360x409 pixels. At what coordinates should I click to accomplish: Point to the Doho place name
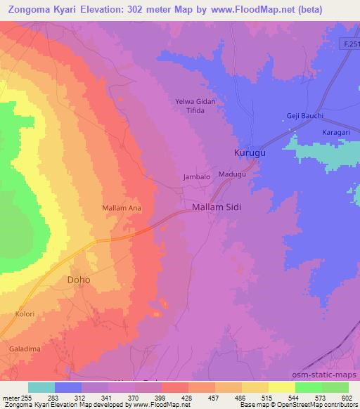[x=78, y=279]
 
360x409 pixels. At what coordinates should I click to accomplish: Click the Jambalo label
[x=197, y=178]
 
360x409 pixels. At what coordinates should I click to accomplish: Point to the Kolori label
[x=24, y=314]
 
